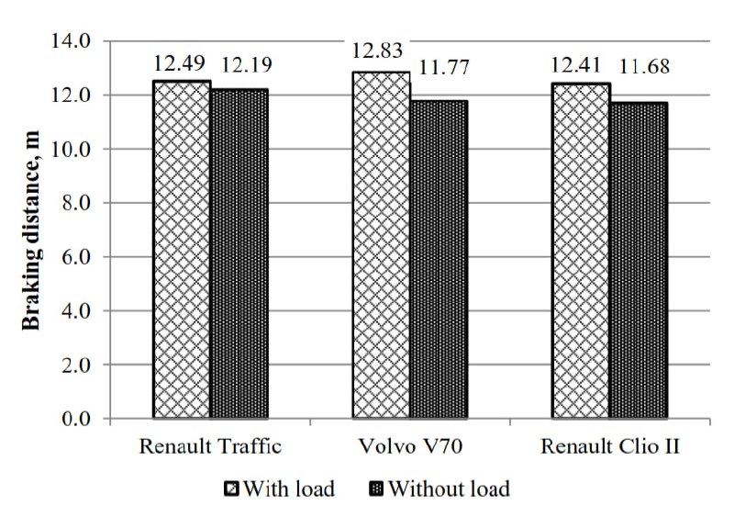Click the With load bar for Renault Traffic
click(x=182, y=250)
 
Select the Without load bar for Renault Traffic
click(x=239, y=253)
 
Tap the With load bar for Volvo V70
click(x=381, y=244)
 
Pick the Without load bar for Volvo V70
click(x=439, y=259)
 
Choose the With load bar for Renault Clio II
click(x=581, y=251)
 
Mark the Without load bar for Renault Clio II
click(x=639, y=260)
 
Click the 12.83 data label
click(x=377, y=51)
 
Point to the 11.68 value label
click(x=645, y=66)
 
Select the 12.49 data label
click(x=180, y=62)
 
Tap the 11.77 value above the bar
click(x=444, y=68)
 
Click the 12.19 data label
click(x=246, y=64)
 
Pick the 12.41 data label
click(x=575, y=64)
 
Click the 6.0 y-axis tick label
click(x=76, y=257)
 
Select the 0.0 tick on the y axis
click(x=76, y=419)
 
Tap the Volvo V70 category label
click(x=410, y=446)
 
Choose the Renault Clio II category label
click(x=610, y=446)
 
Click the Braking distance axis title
click(x=31, y=230)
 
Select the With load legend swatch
click(x=231, y=489)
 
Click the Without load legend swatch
click(x=376, y=489)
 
